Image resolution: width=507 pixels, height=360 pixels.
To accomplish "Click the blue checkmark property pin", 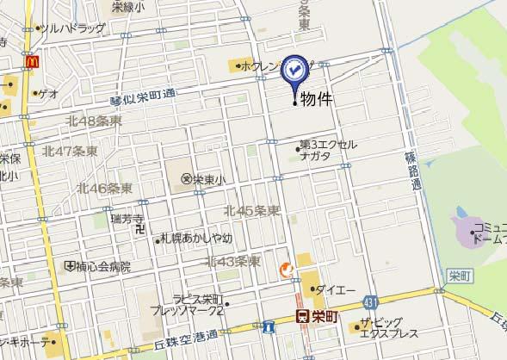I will click(x=295, y=70).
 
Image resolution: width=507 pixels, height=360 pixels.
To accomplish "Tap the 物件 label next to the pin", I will click(x=316, y=101).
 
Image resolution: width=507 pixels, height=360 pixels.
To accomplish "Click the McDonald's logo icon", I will click(x=32, y=61).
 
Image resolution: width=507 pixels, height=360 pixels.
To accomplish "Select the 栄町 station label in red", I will click(x=318, y=318).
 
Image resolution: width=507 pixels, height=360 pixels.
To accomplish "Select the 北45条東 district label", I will click(x=251, y=211).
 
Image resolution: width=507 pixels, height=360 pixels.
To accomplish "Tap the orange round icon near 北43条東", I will click(x=285, y=270).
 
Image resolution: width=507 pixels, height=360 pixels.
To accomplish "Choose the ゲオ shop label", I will click(x=49, y=92).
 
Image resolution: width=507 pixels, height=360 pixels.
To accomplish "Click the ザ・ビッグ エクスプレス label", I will click(x=389, y=328).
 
